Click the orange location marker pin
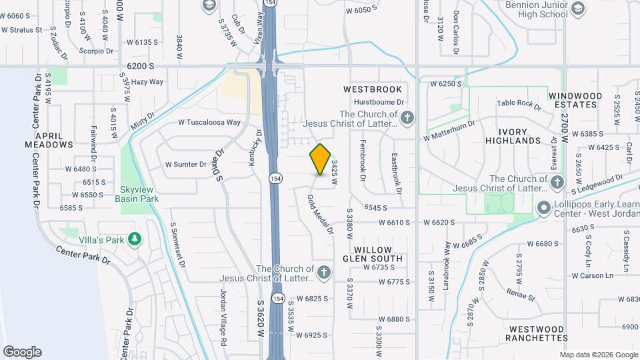point(321,159)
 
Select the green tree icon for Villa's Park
point(135,238)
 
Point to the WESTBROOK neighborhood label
point(373,89)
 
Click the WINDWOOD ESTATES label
point(575,100)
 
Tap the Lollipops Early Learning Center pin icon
point(543,209)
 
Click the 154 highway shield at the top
point(269,3)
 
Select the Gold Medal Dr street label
point(320,214)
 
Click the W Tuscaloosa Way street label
point(209,123)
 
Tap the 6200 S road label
point(140,67)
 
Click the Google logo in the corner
point(22,352)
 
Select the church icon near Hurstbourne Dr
point(408,118)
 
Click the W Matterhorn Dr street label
point(449,131)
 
